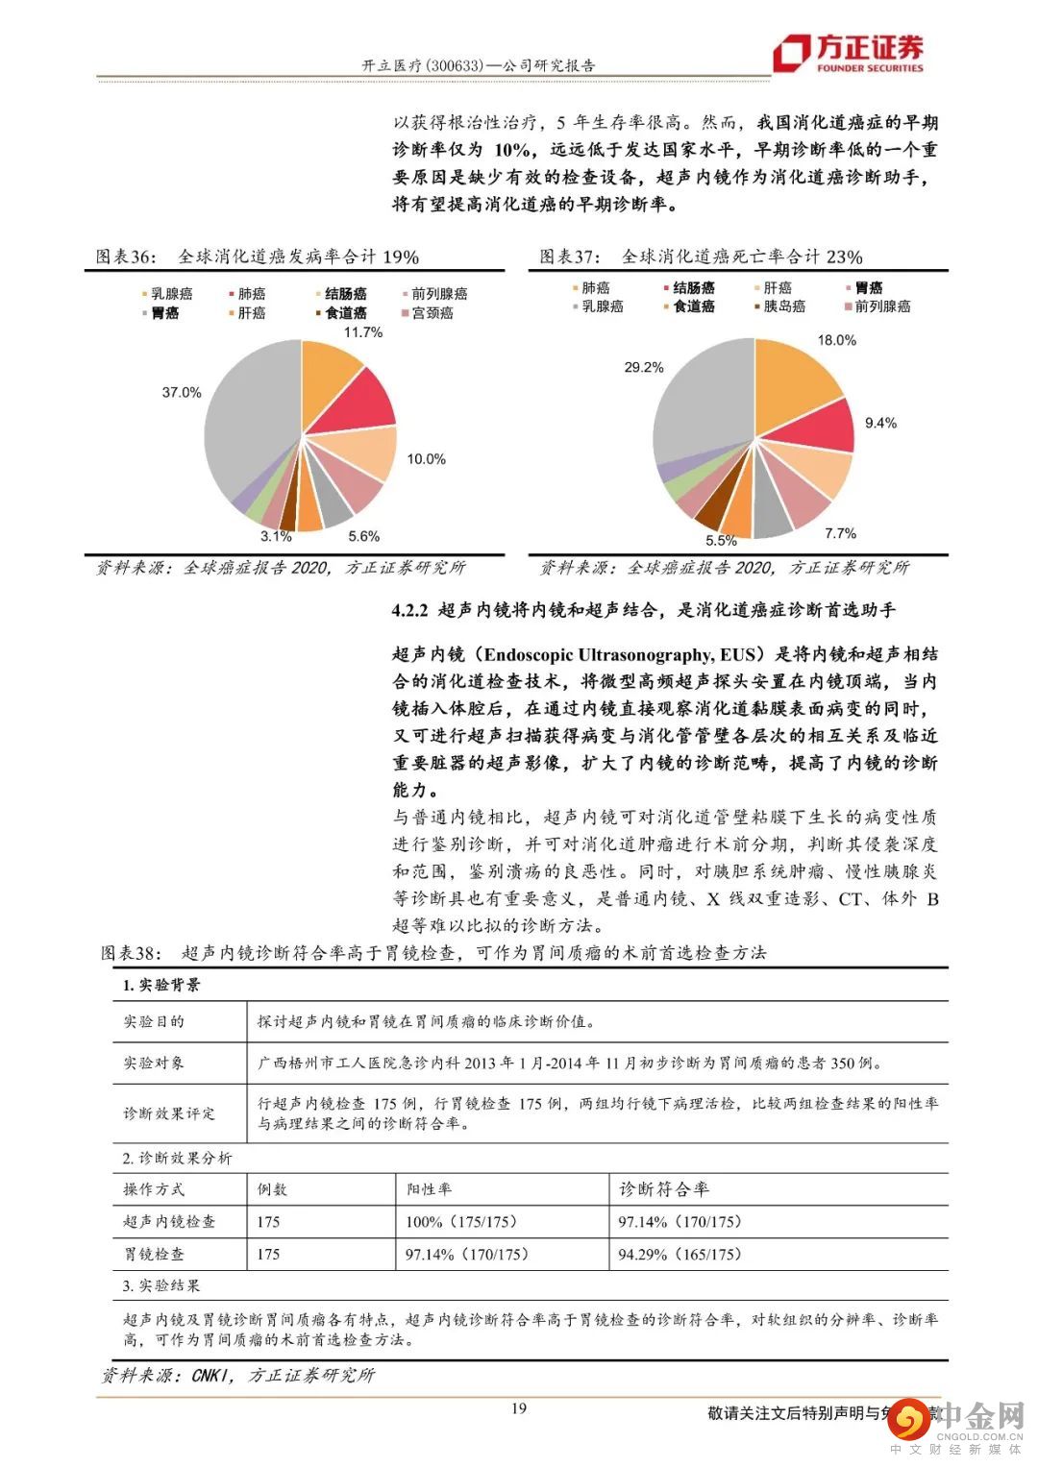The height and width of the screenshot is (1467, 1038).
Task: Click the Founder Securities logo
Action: coord(850,53)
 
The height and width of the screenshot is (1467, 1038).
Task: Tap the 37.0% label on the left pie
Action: coord(181,392)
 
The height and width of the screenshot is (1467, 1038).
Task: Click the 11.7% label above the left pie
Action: coord(362,332)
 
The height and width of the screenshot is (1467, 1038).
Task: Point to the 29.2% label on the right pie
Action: coord(643,367)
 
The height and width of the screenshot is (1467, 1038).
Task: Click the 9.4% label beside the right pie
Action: coord(880,423)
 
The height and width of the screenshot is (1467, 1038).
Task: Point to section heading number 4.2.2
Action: coord(409,610)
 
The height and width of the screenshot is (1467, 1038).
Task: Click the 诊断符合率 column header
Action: coord(664,1189)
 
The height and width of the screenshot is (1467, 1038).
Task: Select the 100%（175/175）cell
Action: coord(461,1222)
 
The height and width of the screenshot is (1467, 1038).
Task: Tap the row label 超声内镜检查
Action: coord(169,1222)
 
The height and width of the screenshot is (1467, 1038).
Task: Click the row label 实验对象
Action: coord(154,1064)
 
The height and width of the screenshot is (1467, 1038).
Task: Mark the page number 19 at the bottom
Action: coord(519,1408)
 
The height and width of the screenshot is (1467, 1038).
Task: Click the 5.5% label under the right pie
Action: coord(721,541)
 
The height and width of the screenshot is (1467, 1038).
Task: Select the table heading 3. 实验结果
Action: coord(161,1286)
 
